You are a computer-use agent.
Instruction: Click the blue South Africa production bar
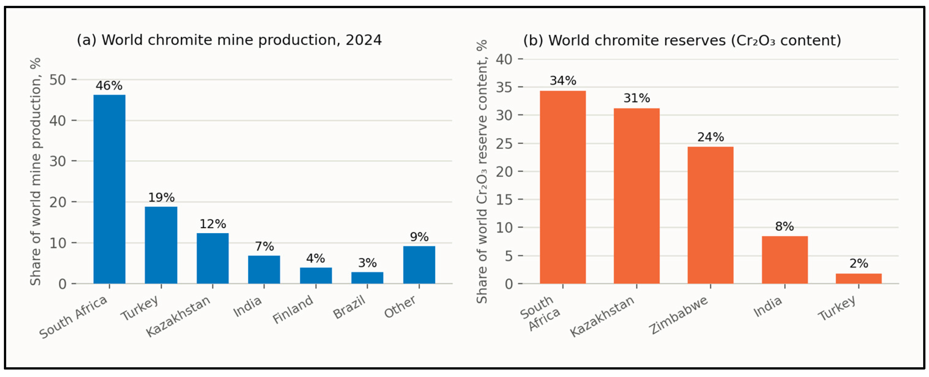tap(109, 189)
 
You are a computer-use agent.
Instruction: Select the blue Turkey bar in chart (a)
tap(161, 245)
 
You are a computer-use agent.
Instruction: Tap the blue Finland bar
tap(316, 276)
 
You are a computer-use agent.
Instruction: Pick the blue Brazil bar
tap(367, 278)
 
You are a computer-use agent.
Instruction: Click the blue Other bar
tap(419, 265)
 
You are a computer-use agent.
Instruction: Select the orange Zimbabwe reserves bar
tap(710, 215)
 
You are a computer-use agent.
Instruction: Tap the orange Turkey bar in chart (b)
tap(859, 279)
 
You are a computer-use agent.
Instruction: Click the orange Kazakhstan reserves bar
tap(637, 196)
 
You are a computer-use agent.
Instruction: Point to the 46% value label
tap(109, 86)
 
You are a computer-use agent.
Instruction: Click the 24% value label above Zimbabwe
tap(710, 137)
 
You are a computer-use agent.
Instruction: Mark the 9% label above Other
tap(419, 237)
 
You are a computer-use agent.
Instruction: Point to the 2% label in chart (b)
tap(859, 263)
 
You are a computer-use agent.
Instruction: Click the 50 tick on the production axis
tap(58, 80)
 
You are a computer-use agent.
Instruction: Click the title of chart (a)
tap(229, 40)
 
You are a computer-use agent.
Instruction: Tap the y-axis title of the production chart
tap(35, 171)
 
